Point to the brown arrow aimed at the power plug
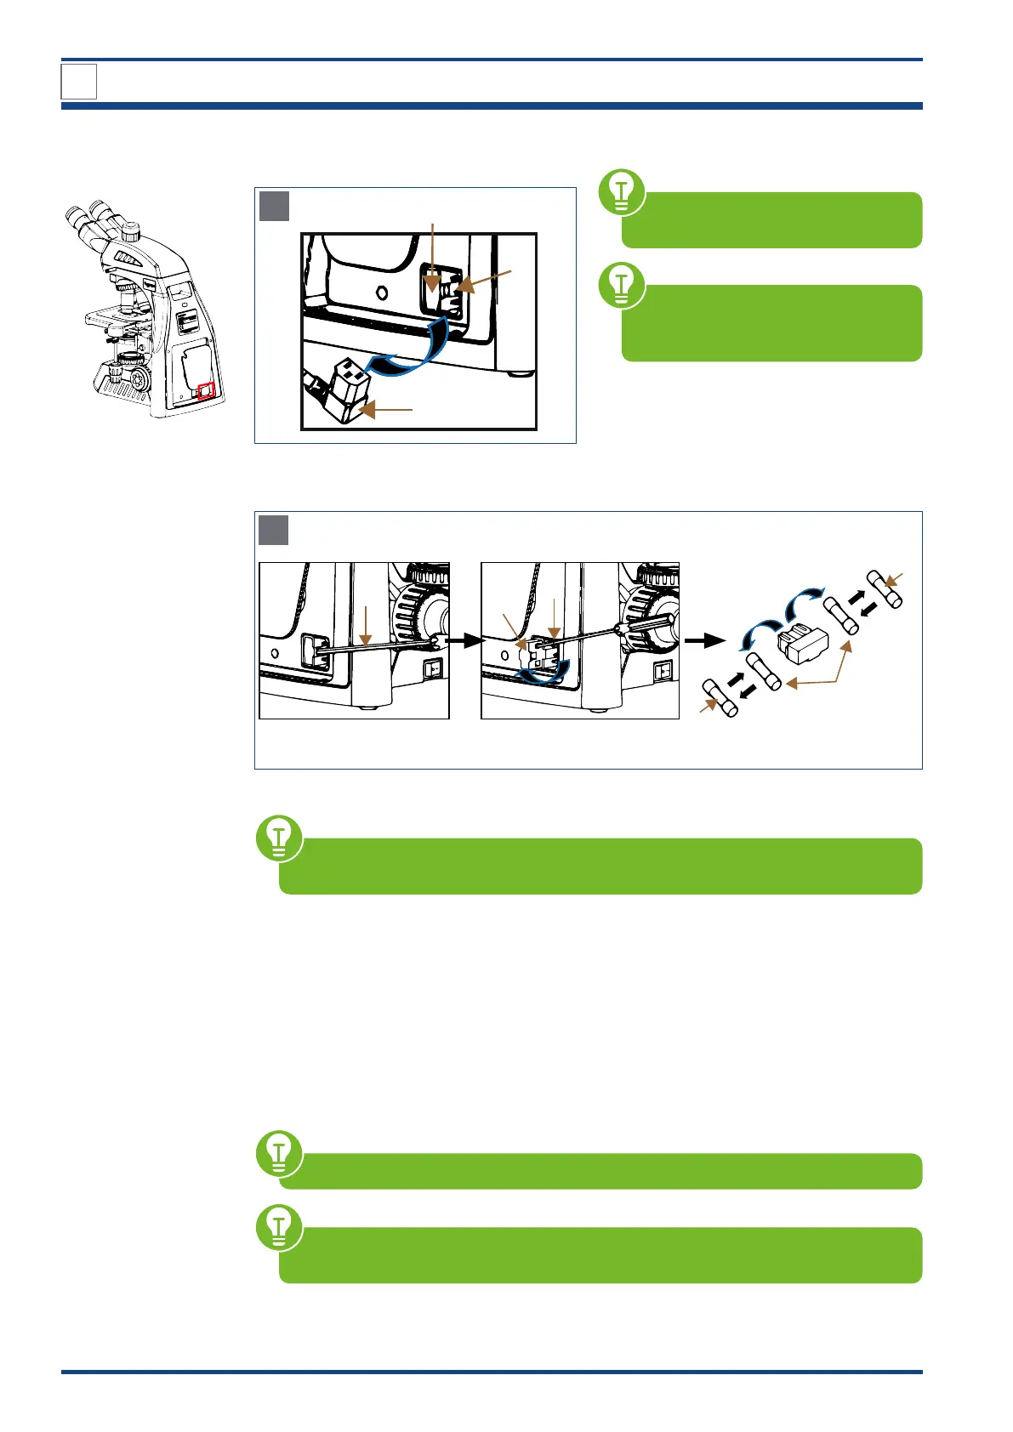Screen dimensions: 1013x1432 pos(387,411)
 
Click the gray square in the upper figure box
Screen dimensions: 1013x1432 pos(274,206)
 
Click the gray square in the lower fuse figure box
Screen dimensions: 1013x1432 pos(274,530)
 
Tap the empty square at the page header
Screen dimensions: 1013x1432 pos(79,82)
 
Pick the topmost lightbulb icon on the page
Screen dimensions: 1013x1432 pos(622,192)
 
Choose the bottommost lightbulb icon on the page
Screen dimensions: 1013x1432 pos(279,1227)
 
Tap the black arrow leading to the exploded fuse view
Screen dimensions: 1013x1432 pos(705,640)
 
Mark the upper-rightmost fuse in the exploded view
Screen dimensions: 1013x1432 pos(884,588)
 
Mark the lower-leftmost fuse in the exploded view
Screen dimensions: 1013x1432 pos(720,698)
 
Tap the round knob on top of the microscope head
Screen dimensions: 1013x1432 pos(130,230)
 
